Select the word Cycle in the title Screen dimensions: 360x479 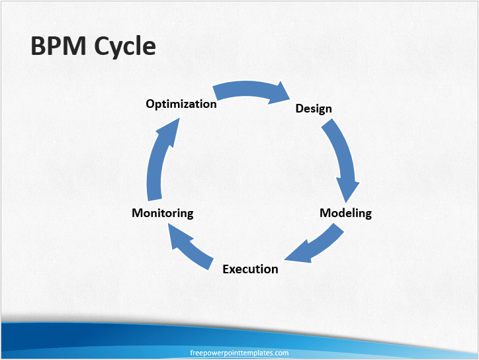[x=124, y=46]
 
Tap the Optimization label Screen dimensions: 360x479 [x=181, y=104]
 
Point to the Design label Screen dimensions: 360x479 [x=314, y=109]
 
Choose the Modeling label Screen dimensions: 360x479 [x=345, y=213]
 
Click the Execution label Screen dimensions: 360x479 [x=250, y=269]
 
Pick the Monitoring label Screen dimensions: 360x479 [x=163, y=213]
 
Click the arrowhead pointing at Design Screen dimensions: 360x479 [x=281, y=93]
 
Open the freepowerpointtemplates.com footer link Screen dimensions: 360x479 [x=239, y=353]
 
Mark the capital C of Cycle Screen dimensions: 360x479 [x=101, y=46]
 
